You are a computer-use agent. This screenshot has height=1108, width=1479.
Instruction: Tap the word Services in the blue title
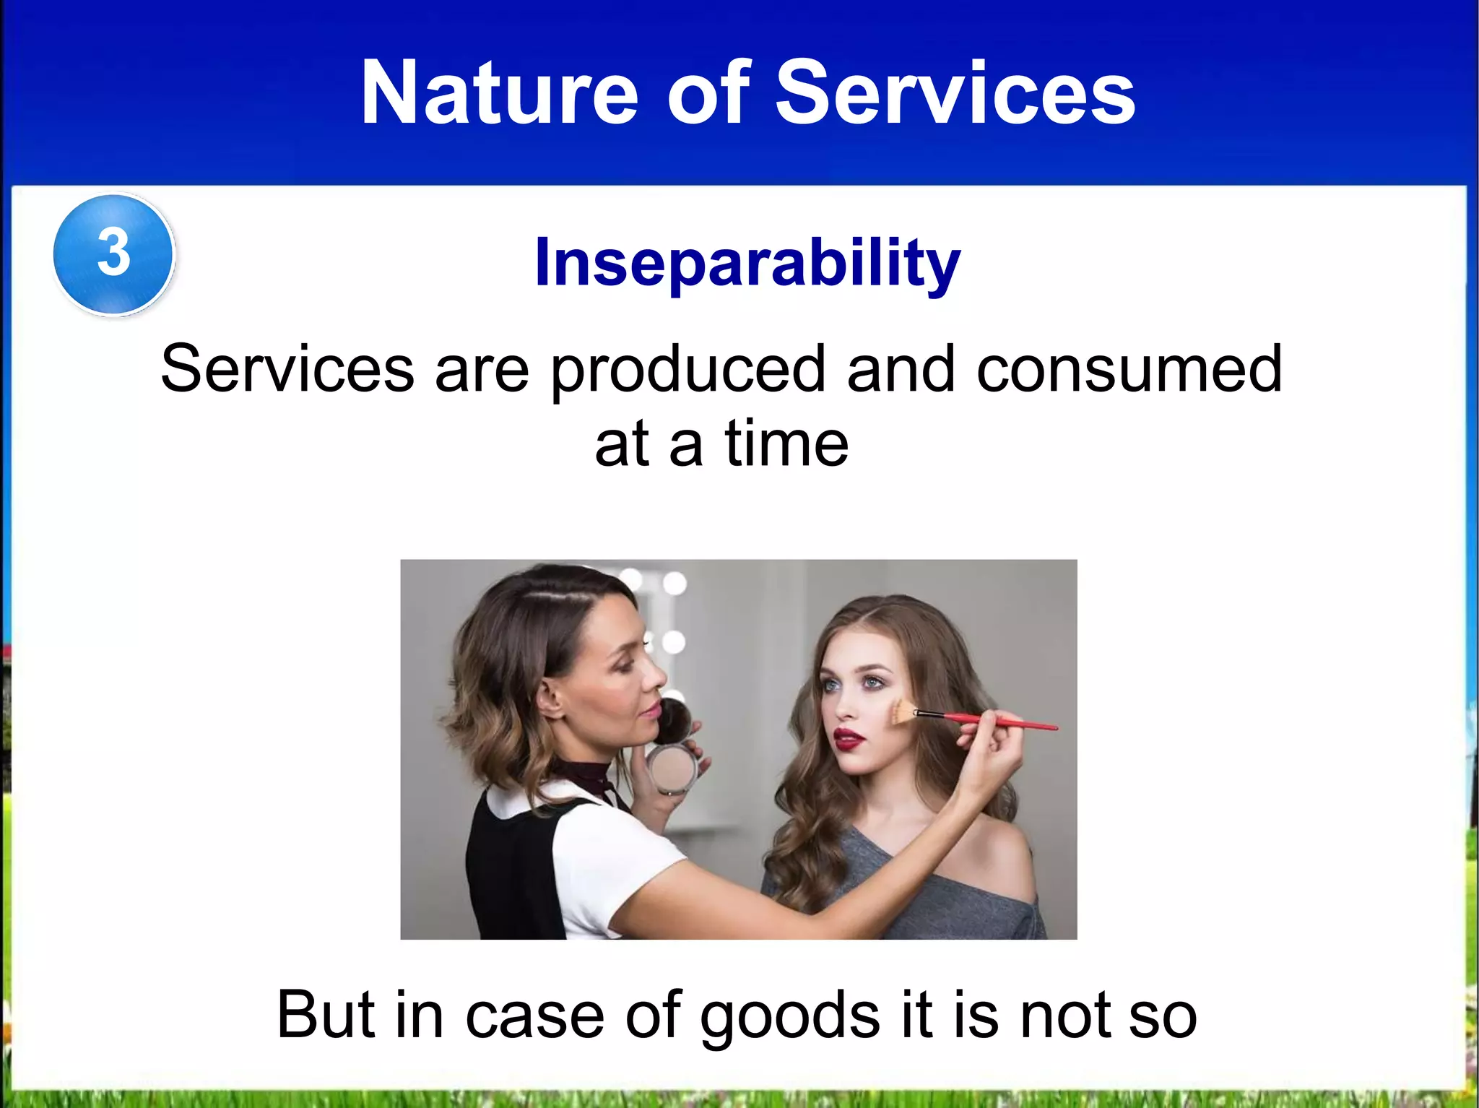tap(955, 94)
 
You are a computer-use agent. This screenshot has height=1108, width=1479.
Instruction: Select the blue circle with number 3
tap(113, 254)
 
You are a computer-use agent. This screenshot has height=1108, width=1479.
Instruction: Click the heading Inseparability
tap(747, 263)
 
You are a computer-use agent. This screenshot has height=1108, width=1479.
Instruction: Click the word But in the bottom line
tap(326, 1015)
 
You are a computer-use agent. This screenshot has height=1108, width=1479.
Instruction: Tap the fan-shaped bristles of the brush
tap(901, 711)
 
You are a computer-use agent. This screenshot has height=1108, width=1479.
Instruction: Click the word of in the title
tap(708, 94)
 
